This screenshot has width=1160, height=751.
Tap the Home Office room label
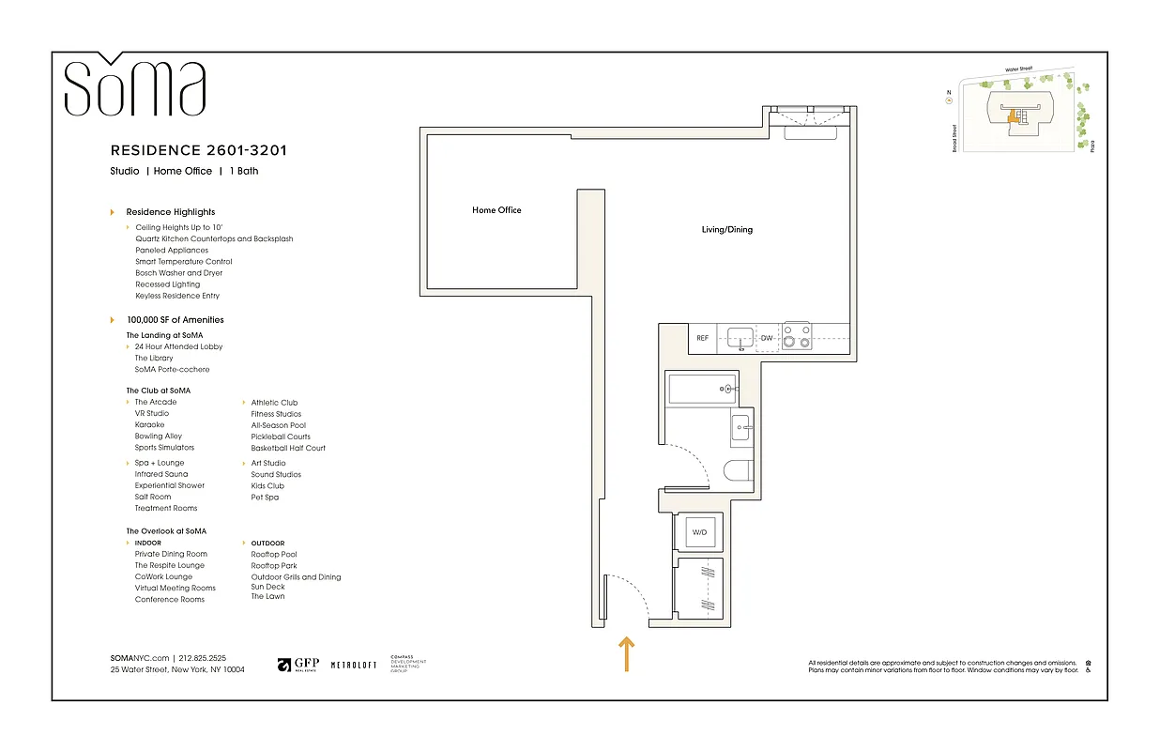click(496, 210)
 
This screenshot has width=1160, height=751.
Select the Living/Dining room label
click(727, 230)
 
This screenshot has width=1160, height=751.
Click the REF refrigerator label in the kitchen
click(702, 338)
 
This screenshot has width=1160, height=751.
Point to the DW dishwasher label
click(767, 338)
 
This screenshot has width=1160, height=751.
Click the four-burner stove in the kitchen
click(797, 336)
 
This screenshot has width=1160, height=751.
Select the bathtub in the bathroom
click(700, 388)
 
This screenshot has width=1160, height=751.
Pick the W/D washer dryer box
click(699, 532)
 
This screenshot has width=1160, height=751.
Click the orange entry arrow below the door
click(626, 654)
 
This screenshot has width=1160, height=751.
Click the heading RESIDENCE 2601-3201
click(199, 150)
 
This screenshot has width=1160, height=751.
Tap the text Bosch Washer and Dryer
click(178, 273)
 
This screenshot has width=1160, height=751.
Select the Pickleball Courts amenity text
click(281, 437)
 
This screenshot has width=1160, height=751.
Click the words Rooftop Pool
click(274, 555)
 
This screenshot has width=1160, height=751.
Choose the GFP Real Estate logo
click(298, 665)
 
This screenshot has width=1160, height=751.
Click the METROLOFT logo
click(354, 665)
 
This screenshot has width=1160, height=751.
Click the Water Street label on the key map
click(1024, 69)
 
